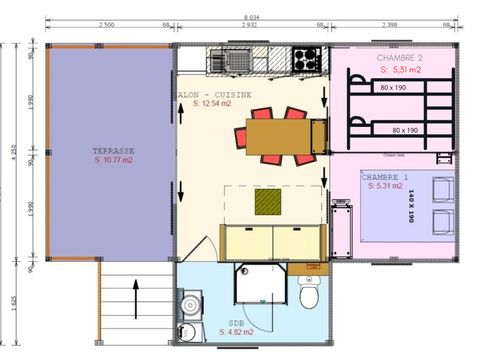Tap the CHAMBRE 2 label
pyautogui.click(x=396, y=58)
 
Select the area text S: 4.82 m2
pyautogui.click(x=235, y=331)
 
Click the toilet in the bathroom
pyautogui.click(x=309, y=298)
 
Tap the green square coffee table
pyautogui.click(x=268, y=203)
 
